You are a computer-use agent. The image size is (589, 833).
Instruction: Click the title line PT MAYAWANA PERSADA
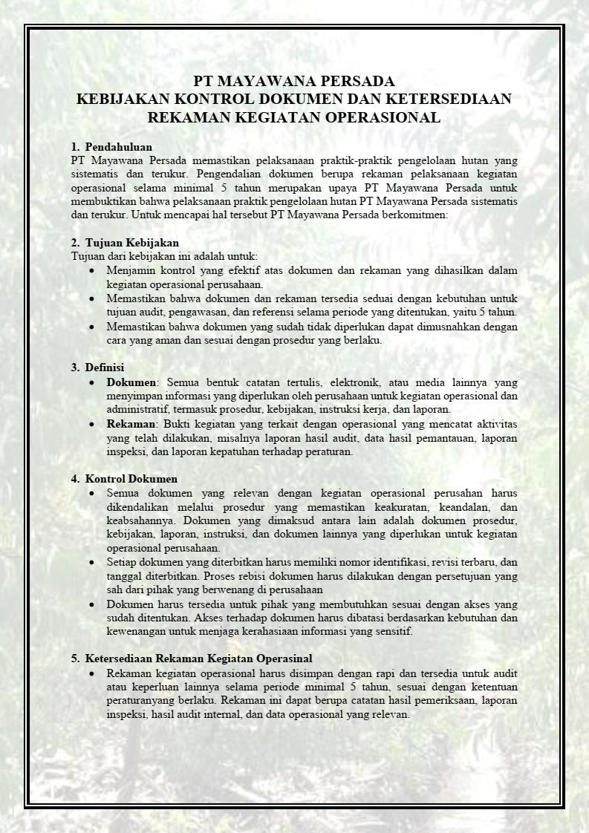(x=294, y=81)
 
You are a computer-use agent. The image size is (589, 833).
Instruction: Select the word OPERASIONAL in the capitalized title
(x=385, y=117)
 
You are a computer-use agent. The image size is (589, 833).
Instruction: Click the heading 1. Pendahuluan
(x=111, y=147)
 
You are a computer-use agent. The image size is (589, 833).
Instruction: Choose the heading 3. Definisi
(x=97, y=367)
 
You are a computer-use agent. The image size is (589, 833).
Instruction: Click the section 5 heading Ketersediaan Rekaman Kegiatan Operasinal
(x=192, y=659)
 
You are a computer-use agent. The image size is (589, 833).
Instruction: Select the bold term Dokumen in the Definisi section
(x=131, y=382)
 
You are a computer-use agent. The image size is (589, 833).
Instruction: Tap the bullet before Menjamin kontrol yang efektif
(x=91, y=271)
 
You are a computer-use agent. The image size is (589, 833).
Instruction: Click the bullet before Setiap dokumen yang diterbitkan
(x=91, y=562)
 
